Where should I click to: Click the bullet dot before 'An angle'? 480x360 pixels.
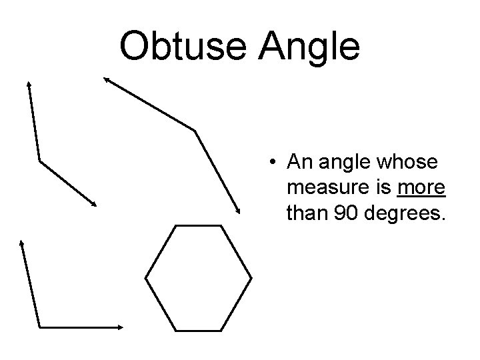pos(273,162)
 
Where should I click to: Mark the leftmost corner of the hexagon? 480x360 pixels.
pos(146,277)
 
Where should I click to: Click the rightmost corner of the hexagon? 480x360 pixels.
pos(252,277)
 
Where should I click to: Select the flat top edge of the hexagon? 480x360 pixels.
pos(199,226)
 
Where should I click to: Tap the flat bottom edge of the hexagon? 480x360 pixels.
pos(199,327)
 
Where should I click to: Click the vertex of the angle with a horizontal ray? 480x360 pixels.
pos(40,327)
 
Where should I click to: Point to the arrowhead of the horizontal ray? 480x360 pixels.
pos(122,327)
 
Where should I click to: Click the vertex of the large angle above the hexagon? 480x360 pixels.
pos(195,129)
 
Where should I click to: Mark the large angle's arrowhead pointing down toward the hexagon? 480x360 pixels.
pos(239,211)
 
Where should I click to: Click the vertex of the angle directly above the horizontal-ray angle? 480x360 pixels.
pos(40,161)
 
